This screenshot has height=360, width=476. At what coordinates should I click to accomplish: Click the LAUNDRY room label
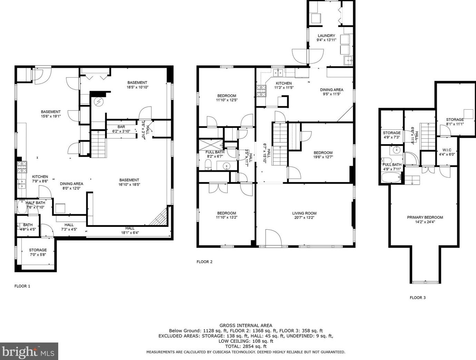click(x=326, y=36)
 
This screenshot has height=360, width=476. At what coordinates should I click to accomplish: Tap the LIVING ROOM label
click(x=304, y=213)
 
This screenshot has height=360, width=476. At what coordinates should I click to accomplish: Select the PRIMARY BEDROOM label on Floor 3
click(x=425, y=217)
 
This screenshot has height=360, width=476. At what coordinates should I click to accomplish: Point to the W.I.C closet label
click(x=447, y=150)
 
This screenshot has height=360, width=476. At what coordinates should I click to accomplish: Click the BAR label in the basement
click(x=121, y=127)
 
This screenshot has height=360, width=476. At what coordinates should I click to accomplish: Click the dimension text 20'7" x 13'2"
click(x=304, y=218)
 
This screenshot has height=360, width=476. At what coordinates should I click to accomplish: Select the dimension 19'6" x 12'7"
click(x=323, y=157)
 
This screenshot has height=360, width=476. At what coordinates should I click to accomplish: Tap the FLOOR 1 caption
click(x=22, y=286)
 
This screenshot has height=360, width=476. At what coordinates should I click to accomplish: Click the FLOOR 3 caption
click(x=417, y=298)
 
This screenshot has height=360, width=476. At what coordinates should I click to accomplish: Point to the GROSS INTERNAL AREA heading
click(x=246, y=325)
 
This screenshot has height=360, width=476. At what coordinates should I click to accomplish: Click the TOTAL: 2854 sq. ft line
click(x=246, y=346)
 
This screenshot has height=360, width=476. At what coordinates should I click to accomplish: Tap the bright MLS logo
click(x=29, y=351)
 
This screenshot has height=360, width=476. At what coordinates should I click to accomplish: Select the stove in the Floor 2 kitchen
click(x=261, y=91)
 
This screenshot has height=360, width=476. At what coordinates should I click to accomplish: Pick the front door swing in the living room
click(x=273, y=238)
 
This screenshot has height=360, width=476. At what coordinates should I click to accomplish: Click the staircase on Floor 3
click(x=428, y=136)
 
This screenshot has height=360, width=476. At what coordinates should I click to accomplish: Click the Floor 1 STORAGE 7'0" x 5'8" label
click(x=38, y=252)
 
